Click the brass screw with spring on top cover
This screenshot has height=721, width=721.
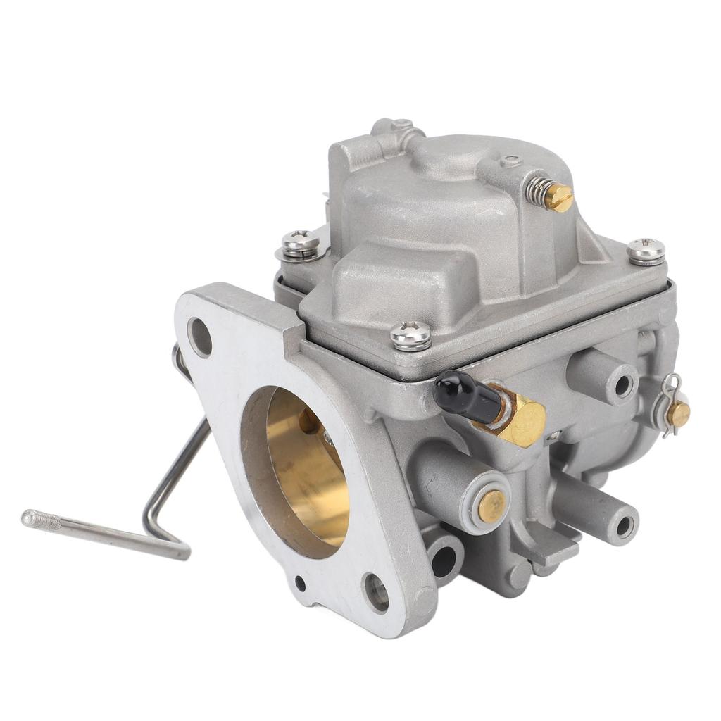coord(560,197)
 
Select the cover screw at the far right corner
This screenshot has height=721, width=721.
coord(646,251)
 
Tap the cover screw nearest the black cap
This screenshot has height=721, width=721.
coord(410,335)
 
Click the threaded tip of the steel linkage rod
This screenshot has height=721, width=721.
coord(39,520)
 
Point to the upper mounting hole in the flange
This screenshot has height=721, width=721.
coord(199,337)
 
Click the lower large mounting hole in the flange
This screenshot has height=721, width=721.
coord(375,592)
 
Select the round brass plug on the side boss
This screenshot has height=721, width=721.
coord(491,505)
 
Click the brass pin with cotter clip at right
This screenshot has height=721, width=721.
coord(678,414)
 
